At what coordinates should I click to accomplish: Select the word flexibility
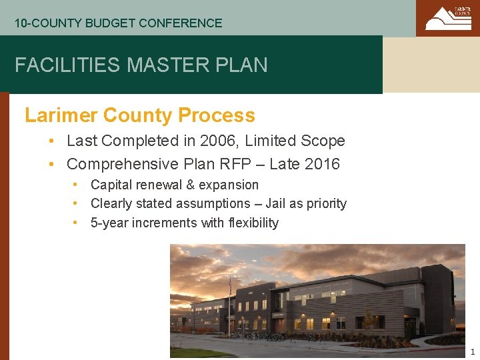(x=253, y=223)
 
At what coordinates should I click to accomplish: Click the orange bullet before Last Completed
(x=51, y=141)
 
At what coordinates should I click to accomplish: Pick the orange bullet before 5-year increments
(x=77, y=223)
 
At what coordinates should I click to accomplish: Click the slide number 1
(x=472, y=352)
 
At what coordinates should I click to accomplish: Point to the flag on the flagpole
(x=230, y=287)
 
